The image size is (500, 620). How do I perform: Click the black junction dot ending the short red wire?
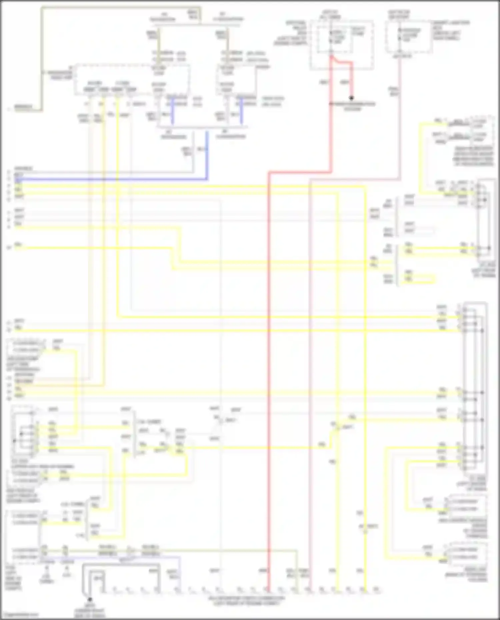(351, 98)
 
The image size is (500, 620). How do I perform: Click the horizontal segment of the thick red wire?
(300, 172)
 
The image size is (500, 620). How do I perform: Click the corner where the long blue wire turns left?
(207, 179)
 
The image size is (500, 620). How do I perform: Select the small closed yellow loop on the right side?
(419, 279)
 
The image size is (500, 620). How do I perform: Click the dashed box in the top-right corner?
(409, 37)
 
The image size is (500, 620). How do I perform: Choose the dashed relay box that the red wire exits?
(342, 45)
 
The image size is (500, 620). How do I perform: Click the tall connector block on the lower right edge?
(475, 386)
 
